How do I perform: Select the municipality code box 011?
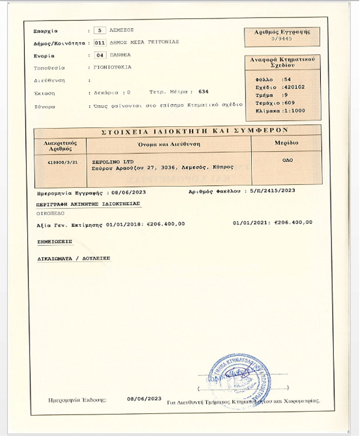pyautogui.click(x=99, y=43)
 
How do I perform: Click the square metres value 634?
pyautogui.click(x=204, y=92)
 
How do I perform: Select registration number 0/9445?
pyautogui.click(x=282, y=39)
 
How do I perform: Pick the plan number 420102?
pyautogui.click(x=295, y=87)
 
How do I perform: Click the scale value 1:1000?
pyautogui.click(x=294, y=111)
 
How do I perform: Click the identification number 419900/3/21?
pyautogui.click(x=60, y=162)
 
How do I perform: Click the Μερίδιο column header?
pyautogui.click(x=287, y=143)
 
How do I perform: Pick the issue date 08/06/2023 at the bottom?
pyautogui.click(x=144, y=399)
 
